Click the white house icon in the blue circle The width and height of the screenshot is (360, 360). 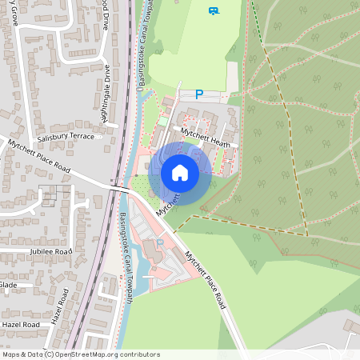click(x=180, y=173)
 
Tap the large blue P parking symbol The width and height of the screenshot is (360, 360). click(x=199, y=94)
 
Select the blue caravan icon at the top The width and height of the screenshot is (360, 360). click(x=214, y=11)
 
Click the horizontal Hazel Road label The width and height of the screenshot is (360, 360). click(x=22, y=325)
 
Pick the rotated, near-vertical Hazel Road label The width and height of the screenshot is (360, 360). click(x=58, y=306)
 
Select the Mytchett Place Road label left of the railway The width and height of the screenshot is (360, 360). click(x=39, y=156)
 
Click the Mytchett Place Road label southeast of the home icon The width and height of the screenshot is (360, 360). click(x=206, y=281)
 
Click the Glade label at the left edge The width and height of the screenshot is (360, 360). click(x=8, y=285)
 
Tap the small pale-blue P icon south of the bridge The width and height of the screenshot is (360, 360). click(x=160, y=242)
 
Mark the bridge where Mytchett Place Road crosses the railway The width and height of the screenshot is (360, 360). click(x=118, y=189)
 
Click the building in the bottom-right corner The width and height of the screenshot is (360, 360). click(x=352, y=326)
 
